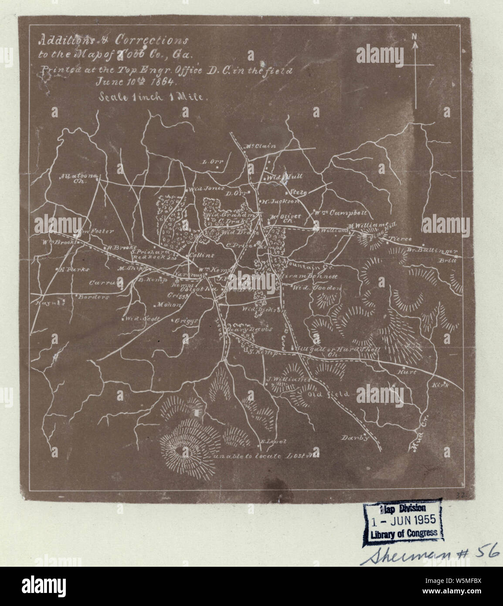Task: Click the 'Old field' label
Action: tap(328, 394)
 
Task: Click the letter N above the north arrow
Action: tap(415, 37)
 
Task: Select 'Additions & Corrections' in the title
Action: tap(113, 41)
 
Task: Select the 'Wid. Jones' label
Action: tap(206, 189)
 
